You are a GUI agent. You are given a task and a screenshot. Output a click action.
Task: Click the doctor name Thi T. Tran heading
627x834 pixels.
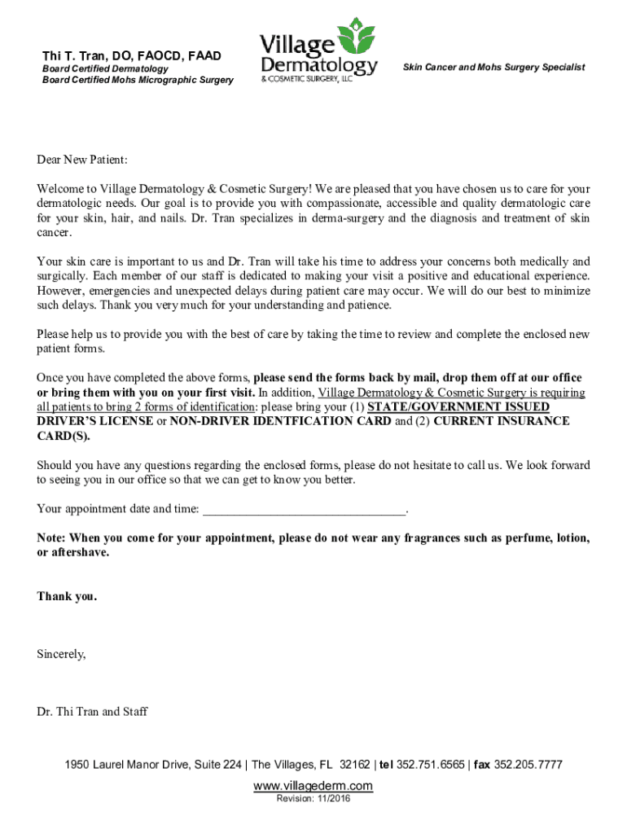[x=132, y=55]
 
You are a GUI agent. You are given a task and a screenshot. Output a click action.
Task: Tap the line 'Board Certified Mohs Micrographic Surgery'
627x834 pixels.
[x=138, y=80]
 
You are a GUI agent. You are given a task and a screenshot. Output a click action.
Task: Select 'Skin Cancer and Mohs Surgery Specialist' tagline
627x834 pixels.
[x=493, y=68]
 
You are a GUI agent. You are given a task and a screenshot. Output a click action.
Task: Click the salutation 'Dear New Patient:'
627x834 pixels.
[x=82, y=160]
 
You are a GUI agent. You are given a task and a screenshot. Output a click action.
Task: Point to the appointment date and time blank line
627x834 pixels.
[x=303, y=510]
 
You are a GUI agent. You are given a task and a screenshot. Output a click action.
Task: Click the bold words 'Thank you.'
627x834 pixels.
[x=67, y=596]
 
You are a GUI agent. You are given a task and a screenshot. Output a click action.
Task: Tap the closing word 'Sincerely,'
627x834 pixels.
[x=61, y=654]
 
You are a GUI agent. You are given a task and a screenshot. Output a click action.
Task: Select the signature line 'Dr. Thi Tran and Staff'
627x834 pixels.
[x=92, y=712]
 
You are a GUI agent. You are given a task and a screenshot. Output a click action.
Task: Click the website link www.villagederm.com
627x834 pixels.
[x=313, y=786]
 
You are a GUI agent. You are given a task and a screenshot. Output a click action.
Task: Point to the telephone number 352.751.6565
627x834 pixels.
[x=432, y=766]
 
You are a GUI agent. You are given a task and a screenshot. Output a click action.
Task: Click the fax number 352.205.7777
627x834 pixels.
[x=528, y=766]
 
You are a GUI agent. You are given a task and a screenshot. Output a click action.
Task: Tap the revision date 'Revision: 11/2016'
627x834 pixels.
[x=313, y=800]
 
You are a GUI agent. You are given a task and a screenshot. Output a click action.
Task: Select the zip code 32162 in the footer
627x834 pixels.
[x=354, y=766]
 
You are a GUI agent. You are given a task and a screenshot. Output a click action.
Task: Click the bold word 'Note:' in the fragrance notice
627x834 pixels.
[x=51, y=538]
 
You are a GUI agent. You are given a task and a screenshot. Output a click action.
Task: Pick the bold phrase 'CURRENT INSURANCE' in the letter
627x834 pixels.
[x=502, y=421]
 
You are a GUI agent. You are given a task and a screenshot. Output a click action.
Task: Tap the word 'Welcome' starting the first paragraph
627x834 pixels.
[x=59, y=189]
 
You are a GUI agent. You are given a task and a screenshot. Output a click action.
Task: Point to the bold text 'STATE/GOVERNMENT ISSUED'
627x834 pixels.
[x=458, y=406]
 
